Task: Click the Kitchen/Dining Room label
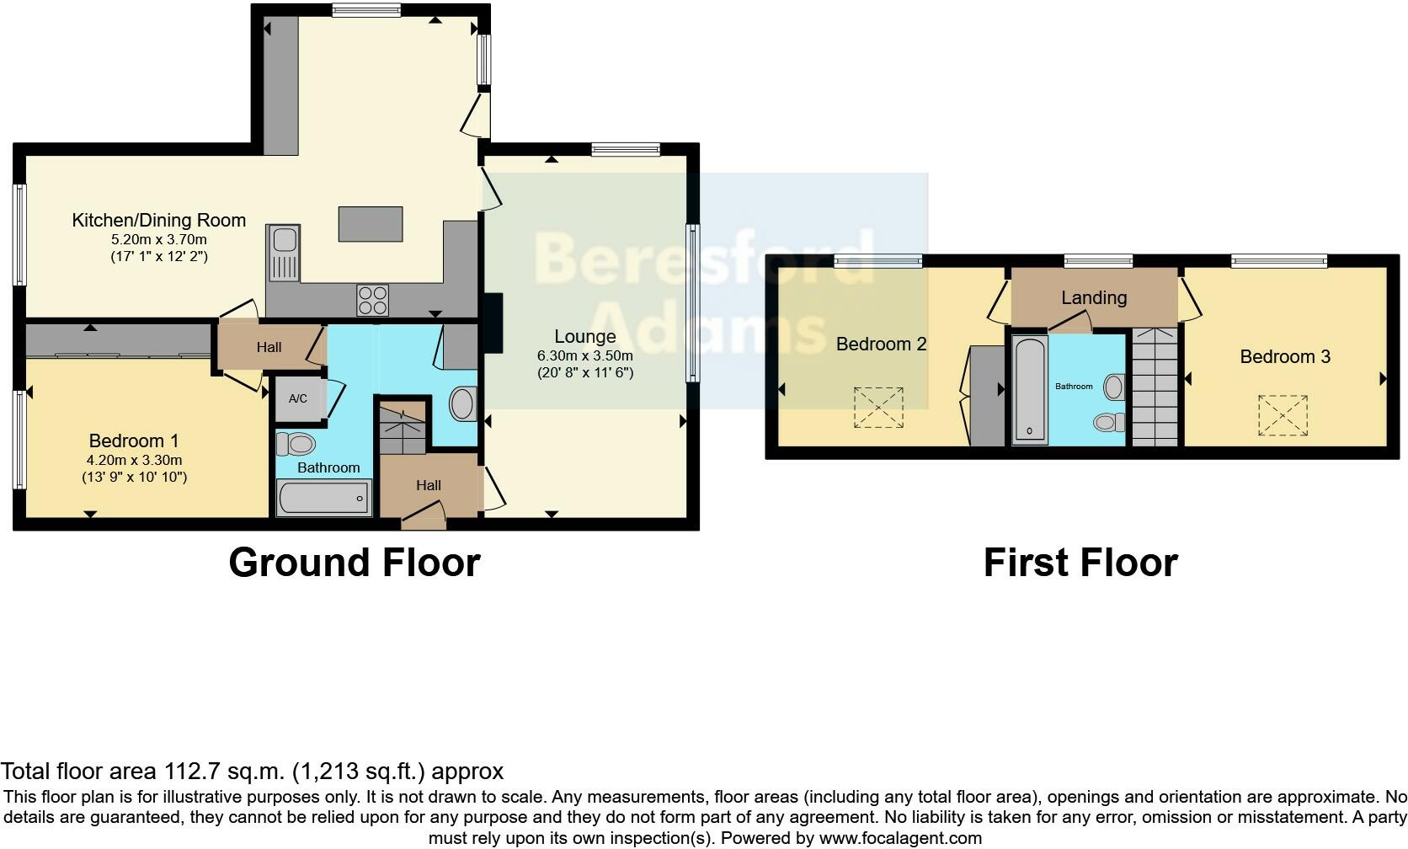tap(159, 221)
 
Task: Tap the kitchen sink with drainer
tap(283, 253)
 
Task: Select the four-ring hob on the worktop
tap(373, 301)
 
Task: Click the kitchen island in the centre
tap(371, 223)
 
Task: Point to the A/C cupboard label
tap(298, 398)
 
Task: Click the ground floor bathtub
tap(324, 498)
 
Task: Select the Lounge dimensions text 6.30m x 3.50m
tap(584, 355)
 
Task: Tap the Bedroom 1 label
tap(134, 441)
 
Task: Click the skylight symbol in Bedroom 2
tap(878, 408)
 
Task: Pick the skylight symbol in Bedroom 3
tap(1283, 415)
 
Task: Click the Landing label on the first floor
tap(1093, 297)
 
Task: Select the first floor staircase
tap(1155, 387)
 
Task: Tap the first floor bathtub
tap(1028, 389)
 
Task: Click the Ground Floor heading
tap(354, 563)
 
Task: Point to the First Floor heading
tap(1080, 563)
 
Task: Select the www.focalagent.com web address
tap(900, 838)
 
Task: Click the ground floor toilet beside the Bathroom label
tap(296, 444)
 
